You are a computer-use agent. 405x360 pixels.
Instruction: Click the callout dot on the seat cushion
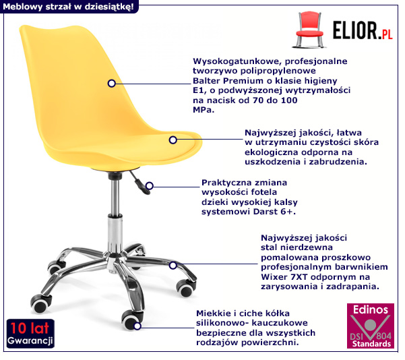173,140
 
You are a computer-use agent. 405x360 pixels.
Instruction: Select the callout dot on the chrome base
173,266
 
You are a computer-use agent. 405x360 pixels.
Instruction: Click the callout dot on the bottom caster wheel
137,326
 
